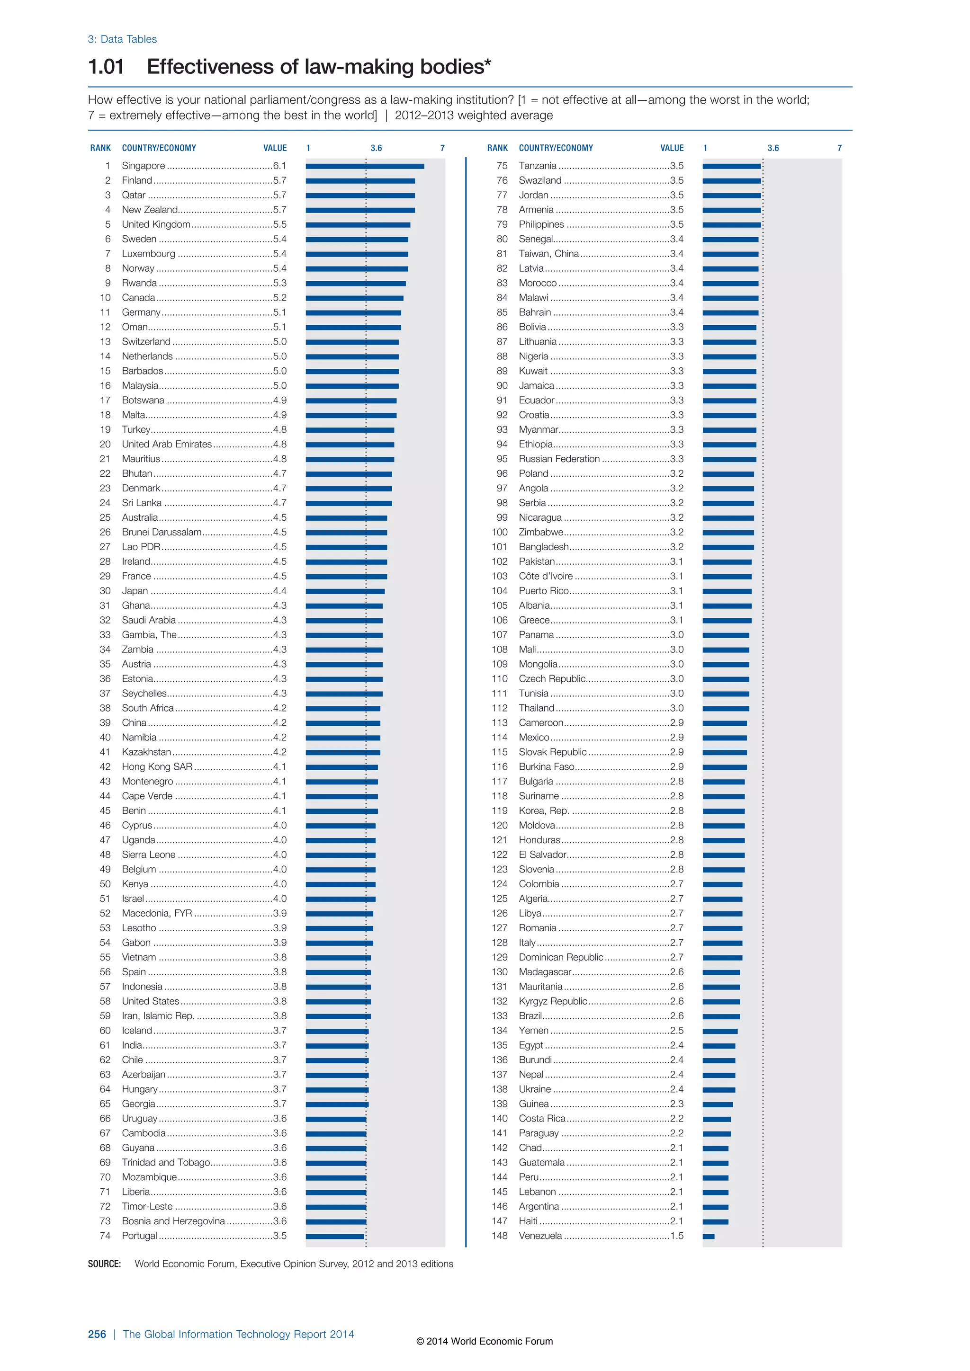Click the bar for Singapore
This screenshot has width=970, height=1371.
(x=364, y=166)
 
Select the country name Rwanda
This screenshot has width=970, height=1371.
(x=139, y=283)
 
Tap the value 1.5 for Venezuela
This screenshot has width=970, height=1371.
(x=676, y=1236)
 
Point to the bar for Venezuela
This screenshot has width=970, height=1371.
(x=709, y=1236)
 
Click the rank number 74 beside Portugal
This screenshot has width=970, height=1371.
(x=105, y=1236)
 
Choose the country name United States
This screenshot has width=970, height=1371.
(x=151, y=1001)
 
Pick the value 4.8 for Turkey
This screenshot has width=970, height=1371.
(x=279, y=429)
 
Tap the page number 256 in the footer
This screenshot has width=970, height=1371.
(x=97, y=1334)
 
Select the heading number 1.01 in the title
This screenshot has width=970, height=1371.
(x=106, y=66)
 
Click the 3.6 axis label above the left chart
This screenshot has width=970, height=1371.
(x=376, y=148)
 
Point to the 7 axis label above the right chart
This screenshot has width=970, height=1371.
(x=839, y=148)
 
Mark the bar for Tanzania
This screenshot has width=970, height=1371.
(x=732, y=166)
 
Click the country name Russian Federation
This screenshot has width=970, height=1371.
(x=559, y=459)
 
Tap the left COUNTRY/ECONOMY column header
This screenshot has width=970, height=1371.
(x=159, y=148)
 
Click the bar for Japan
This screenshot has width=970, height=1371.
(x=345, y=591)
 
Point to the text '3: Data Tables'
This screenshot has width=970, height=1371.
(x=123, y=39)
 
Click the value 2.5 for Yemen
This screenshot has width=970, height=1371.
(x=676, y=1031)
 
